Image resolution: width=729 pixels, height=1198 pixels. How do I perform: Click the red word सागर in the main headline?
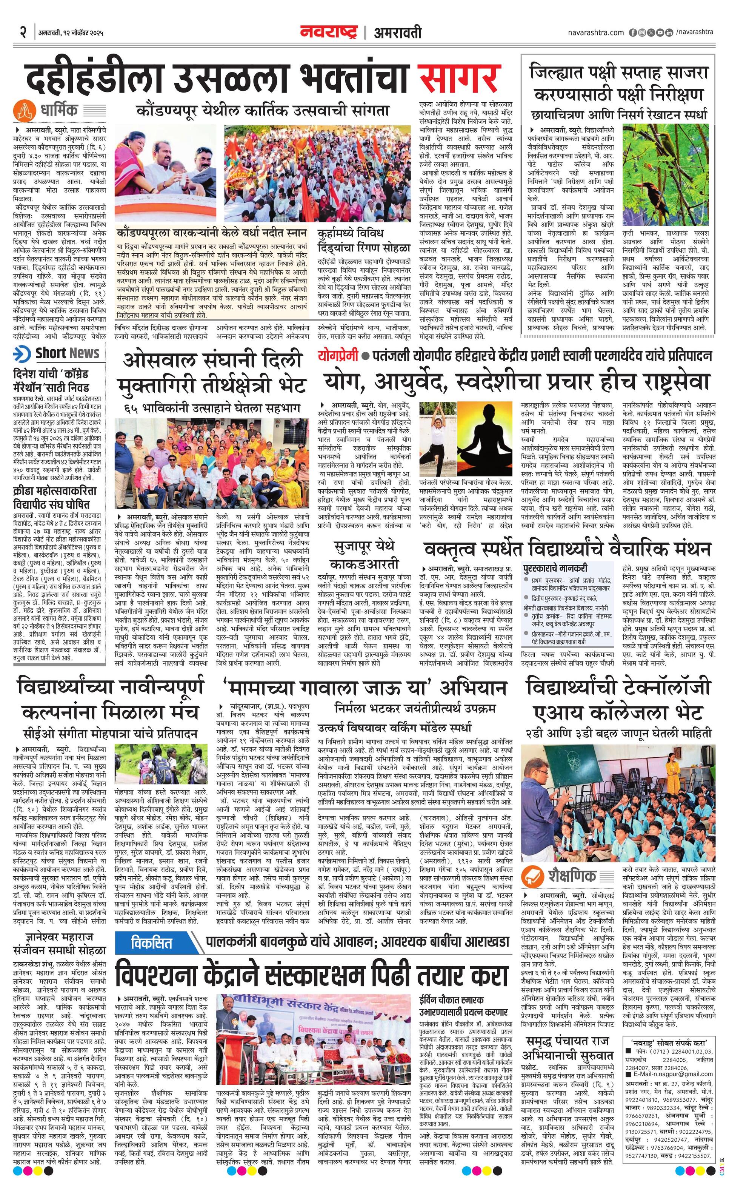(459, 77)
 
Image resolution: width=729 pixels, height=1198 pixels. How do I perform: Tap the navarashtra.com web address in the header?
(595, 32)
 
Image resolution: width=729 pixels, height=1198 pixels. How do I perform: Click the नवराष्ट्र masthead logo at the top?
(329, 32)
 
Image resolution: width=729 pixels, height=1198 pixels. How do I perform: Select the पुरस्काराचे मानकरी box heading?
(555, 568)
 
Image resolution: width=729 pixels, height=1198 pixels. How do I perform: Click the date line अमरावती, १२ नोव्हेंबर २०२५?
(71, 34)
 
